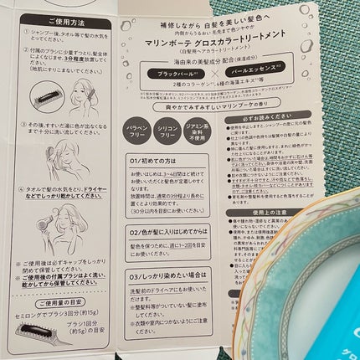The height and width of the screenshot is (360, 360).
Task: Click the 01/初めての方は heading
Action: point(160,158)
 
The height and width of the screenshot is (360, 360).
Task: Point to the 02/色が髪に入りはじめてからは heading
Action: point(174,230)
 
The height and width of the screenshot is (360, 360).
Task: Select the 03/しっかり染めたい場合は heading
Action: point(168,273)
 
